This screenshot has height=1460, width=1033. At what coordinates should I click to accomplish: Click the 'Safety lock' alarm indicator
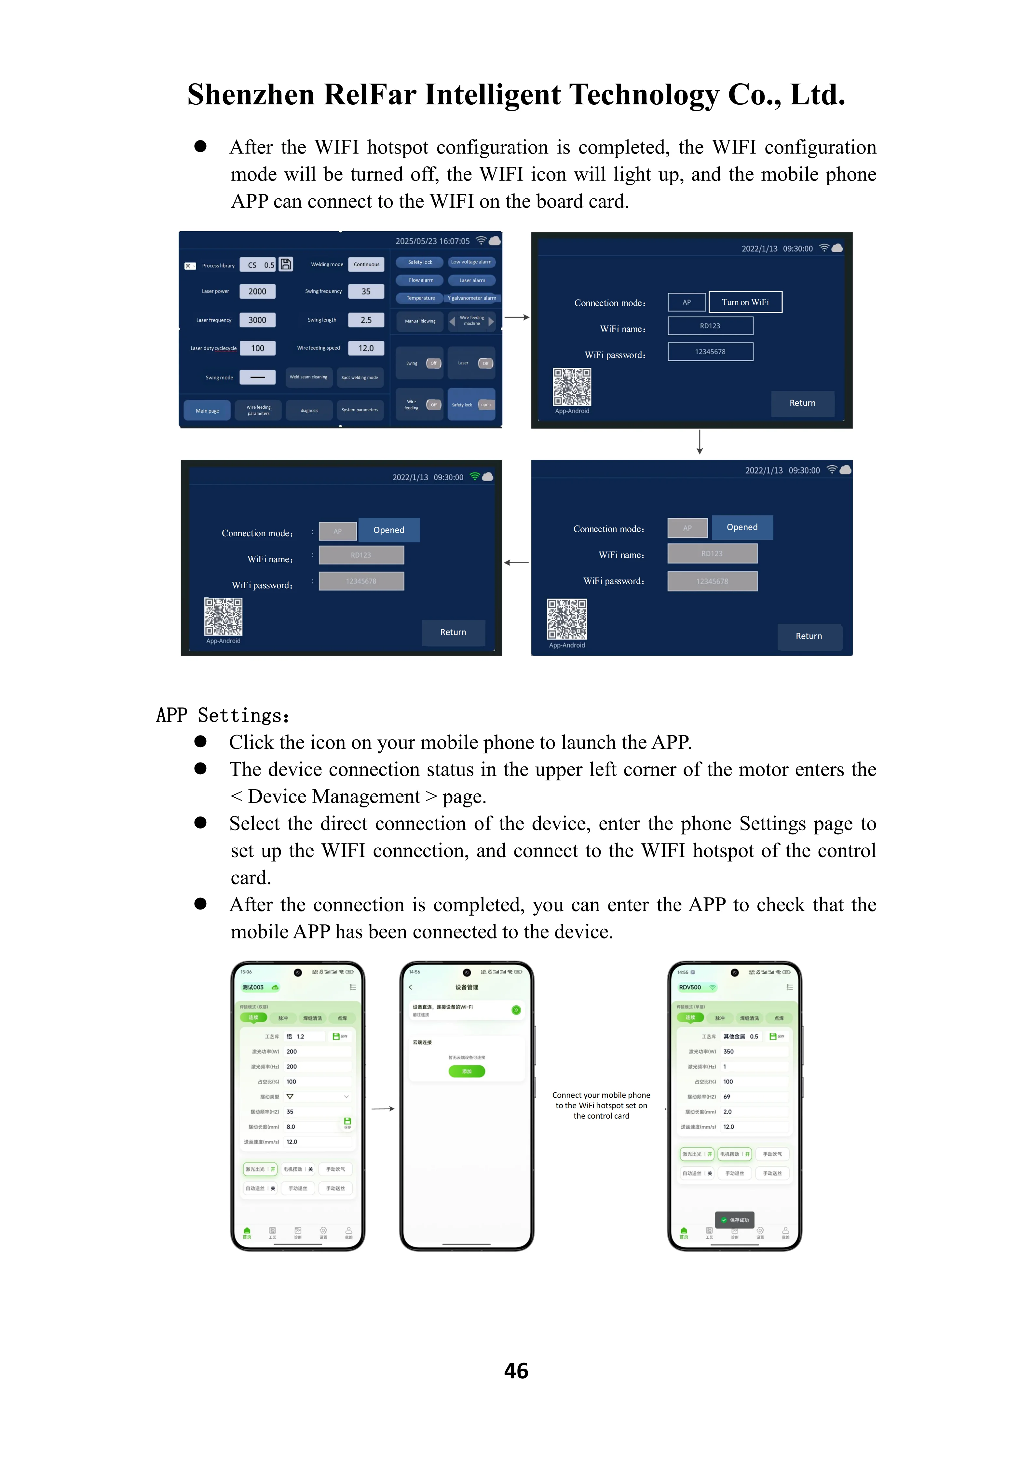pyautogui.click(x=420, y=262)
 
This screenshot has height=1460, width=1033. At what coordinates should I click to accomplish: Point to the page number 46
pyautogui.click(x=516, y=1370)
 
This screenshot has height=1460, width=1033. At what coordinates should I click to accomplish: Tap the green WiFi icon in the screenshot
pyautogui.click(x=474, y=476)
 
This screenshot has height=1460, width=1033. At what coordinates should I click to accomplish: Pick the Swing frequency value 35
pyautogui.click(x=366, y=291)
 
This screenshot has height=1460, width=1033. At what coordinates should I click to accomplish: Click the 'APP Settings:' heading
pyautogui.click(x=223, y=715)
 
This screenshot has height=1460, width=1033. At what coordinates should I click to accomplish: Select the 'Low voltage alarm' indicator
pyautogui.click(x=471, y=262)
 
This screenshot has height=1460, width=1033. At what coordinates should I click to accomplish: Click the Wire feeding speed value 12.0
pyautogui.click(x=366, y=348)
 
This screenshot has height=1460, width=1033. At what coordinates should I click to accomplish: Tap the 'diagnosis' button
pyautogui.click(x=309, y=410)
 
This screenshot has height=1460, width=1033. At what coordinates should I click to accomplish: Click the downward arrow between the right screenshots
pyautogui.click(x=700, y=442)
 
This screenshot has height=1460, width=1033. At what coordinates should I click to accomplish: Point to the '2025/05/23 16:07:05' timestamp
pyautogui.click(x=432, y=241)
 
